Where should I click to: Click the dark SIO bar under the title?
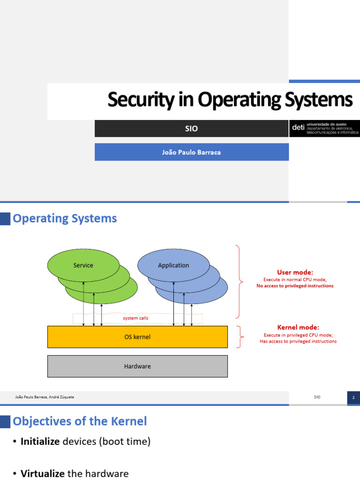coord(191,128)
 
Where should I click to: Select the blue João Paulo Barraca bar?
coord(191,152)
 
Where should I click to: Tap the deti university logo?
coord(324,128)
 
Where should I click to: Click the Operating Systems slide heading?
coord(65,218)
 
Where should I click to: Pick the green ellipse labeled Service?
coord(83,265)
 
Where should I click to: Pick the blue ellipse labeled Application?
coord(173,265)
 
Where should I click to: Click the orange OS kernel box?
coord(137,337)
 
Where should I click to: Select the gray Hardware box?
coord(137,366)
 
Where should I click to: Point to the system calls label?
coord(135,318)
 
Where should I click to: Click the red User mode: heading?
coord(295,272)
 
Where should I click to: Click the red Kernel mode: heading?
coord(298,327)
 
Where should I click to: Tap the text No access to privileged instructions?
coord(295,286)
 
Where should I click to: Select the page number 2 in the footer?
coord(353,397)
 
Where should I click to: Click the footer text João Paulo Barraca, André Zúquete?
coord(45,397)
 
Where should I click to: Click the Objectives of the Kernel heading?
coord(80,421)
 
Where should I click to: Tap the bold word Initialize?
coord(40,442)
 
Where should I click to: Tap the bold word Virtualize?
coord(43,473)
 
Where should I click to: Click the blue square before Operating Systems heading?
coord(5,218)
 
